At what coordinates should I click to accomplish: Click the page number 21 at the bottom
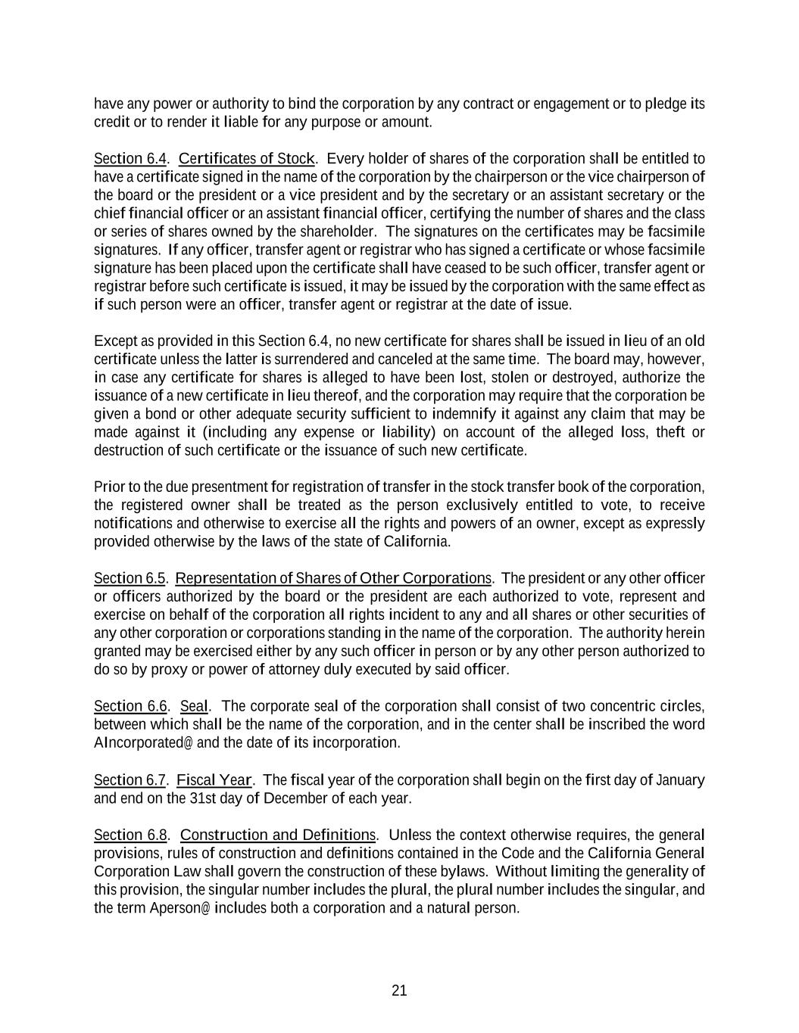pos(399,991)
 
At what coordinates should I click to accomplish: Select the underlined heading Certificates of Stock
pos(246,158)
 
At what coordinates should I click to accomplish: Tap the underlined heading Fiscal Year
pos(214,779)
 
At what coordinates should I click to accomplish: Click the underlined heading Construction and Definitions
pos(277,835)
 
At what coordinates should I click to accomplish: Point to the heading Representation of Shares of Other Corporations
pos(333,578)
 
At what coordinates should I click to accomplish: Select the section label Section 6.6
pos(130,706)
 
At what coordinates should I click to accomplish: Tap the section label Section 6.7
pos(130,779)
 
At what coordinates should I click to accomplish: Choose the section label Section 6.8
pos(130,835)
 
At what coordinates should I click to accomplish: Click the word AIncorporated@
pos(143,742)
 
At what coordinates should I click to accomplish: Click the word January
pos(680,779)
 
